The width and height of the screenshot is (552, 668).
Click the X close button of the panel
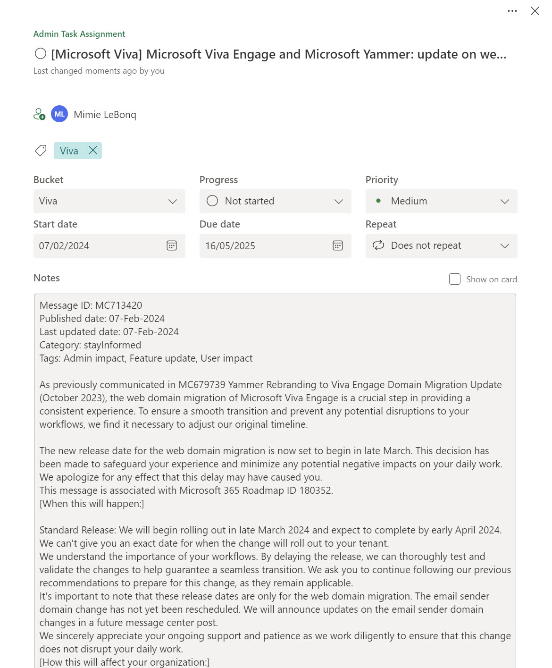tap(535, 11)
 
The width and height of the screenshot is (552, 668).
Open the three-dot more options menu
tap(512, 11)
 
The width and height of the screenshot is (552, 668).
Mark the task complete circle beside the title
tap(41, 54)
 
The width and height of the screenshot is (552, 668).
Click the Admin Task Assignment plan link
tap(79, 34)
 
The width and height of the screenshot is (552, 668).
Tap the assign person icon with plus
tap(39, 114)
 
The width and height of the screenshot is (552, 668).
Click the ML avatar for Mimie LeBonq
tap(59, 114)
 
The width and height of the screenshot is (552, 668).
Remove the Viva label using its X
tap(93, 151)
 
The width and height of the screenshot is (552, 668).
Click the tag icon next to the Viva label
tap(41, 151)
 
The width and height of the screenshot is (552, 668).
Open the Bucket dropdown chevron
tap(173, 202)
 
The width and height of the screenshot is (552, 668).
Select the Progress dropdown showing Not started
tap(275, 202)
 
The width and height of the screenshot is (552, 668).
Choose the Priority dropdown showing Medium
tap(441, 202)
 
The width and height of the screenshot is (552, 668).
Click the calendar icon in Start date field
tap(172, 246)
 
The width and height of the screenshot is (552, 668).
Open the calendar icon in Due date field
tap(338, 246)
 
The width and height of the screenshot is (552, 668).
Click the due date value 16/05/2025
tap(230, 246)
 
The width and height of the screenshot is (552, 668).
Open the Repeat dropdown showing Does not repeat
tap(441, 246)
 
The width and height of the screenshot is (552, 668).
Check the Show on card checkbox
tap(455, 279)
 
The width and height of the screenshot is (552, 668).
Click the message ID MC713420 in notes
tap(118, 305)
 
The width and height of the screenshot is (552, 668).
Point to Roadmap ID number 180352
tap(315, 490)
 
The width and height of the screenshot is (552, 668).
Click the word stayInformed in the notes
tap(112, 345)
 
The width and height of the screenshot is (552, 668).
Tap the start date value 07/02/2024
tap(64, 246)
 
